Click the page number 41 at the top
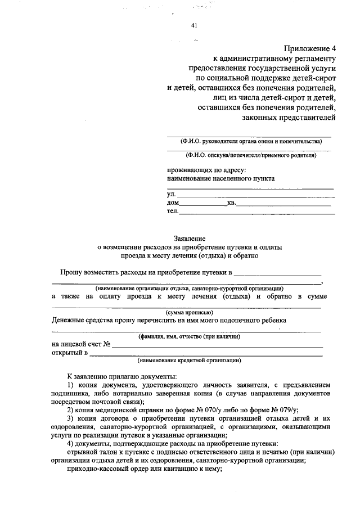tap(194, 25)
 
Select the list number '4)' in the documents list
tap(70, 443)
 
